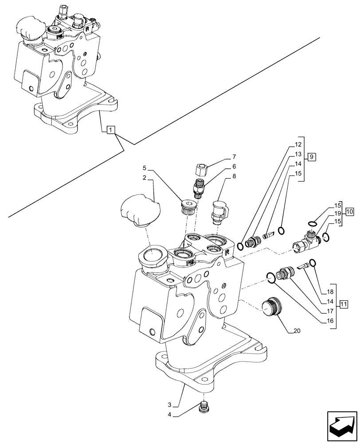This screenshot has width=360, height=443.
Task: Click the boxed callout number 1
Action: [x=111, y=130]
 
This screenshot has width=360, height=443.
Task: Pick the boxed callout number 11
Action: [x=344, y=303]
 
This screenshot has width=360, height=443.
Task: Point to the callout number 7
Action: [x=234, y=157]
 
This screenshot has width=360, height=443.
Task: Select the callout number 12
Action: [x=297, y=144]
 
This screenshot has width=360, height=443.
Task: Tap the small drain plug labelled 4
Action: [x=203, y=408]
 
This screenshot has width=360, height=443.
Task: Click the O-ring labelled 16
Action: [x=270, y=277]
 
